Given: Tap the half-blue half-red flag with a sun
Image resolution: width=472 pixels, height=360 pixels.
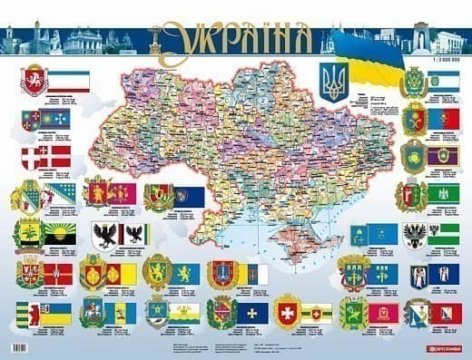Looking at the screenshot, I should [x=443, y=119].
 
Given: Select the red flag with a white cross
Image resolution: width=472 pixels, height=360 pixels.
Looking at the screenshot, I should [x=57, y=156].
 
